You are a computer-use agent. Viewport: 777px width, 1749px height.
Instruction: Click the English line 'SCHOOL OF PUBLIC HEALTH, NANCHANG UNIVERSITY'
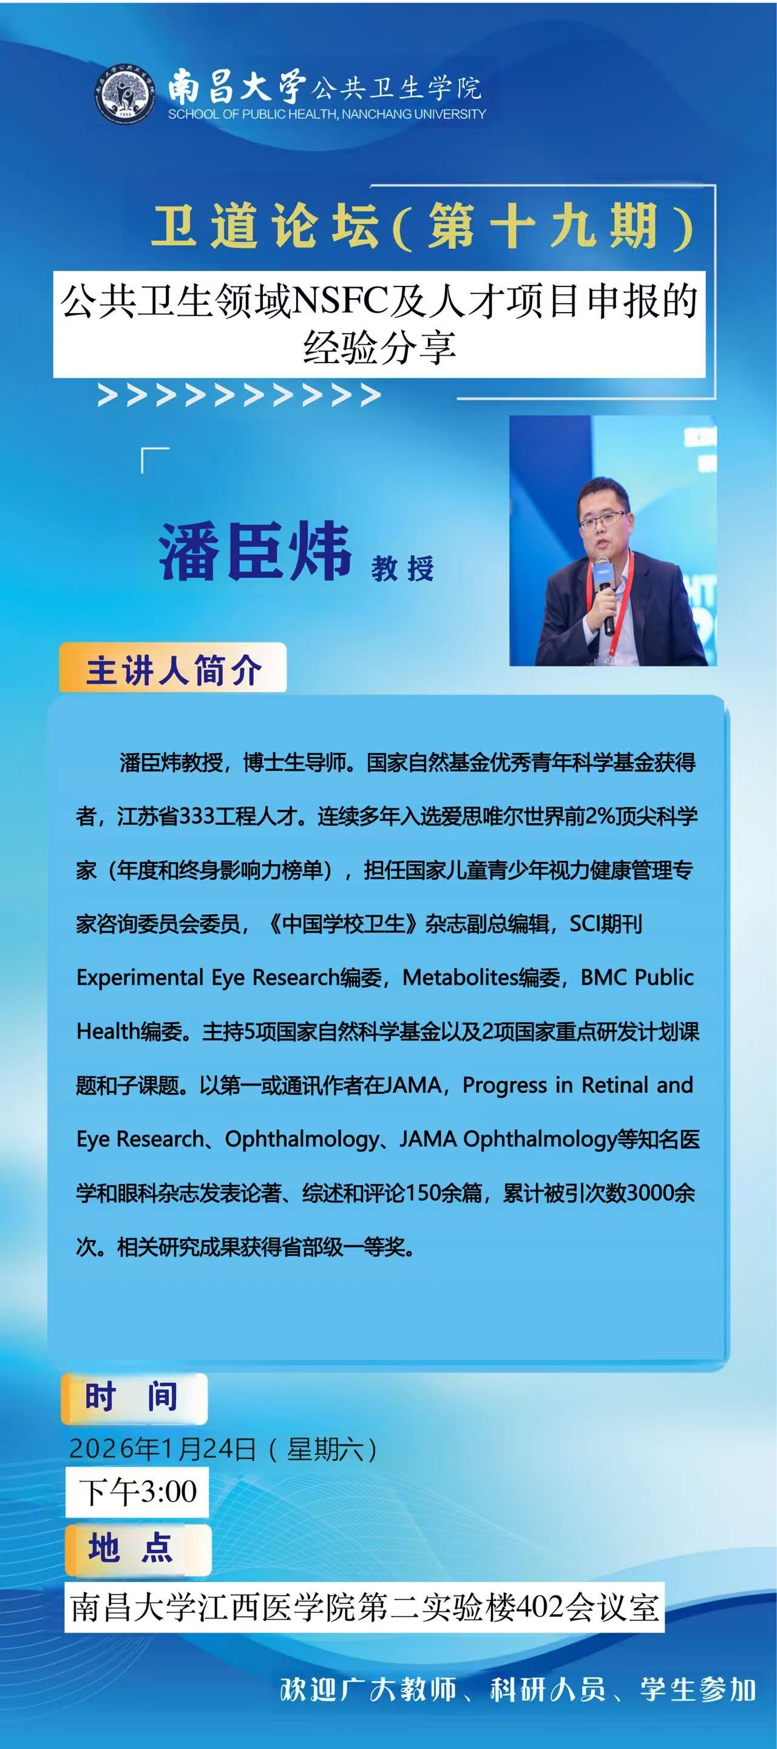click(x=327, y=114)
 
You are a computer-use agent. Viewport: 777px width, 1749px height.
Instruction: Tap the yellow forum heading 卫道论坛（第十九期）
click(x=422, y=226)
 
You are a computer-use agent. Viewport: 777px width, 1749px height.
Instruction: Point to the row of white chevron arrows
click(x=239, y=395)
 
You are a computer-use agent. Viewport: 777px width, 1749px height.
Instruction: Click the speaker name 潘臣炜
click(x=255, y=551)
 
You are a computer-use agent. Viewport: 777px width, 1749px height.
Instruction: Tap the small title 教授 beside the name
click(x=402, y=568)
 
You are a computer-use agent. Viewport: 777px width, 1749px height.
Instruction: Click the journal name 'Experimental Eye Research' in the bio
click(x=208, y=977)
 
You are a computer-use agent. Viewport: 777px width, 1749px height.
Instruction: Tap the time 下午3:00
click(x=137, y=1492)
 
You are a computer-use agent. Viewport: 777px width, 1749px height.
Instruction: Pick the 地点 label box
click(x=138, y=1550)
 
